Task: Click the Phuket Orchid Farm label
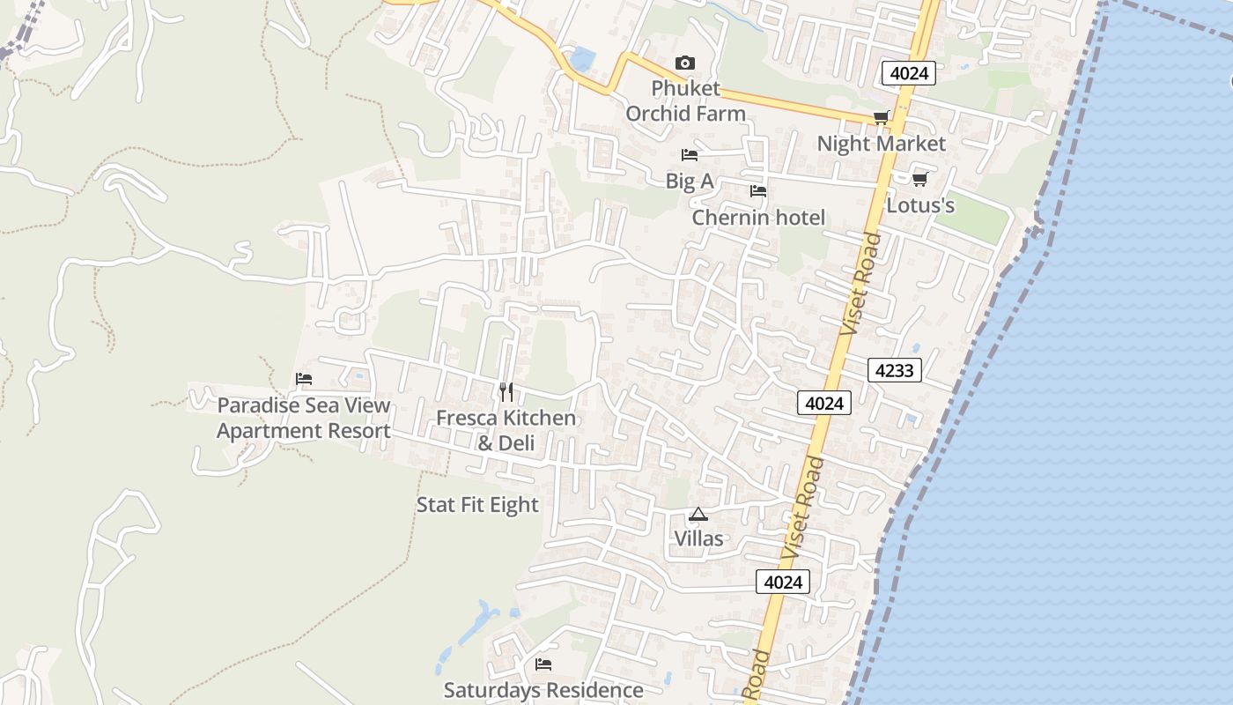coord(685,100)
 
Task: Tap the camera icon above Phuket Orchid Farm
coord(684,63)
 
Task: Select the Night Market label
coord(881,144)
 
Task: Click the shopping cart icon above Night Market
coord(881,118)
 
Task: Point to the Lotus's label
coord(920,205)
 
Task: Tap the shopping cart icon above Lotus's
coord(919,180)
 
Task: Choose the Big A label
coord(690,182)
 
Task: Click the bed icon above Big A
coord(690,155)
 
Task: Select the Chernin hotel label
coord(758,218)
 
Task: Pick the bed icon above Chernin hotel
coord(757,191)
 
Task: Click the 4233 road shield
coord(895,370)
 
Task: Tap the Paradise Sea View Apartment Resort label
coord(304,419)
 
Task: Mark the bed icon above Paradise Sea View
coord(304,379)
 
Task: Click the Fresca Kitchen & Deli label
coord(506,430)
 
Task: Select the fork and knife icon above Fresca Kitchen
coord(506,392)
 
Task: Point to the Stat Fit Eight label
coord(476,505)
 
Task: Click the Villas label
coord(698,538)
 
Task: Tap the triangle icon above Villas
coord(698,514)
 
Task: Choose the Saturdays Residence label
coord(543,690)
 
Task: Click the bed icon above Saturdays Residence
coord(543,664)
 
